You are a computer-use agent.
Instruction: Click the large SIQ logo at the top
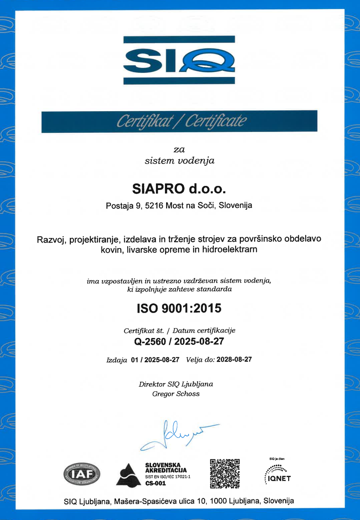[x=179, y=60]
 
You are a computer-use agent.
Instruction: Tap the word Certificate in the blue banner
[x=216, y=121]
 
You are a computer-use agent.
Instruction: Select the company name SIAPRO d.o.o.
[x=179, y=188]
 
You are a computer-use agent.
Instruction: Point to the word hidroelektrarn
[x=230, y=250]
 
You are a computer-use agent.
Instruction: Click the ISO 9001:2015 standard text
[x=179, y=308]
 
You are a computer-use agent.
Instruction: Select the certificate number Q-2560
[x=150, y=342]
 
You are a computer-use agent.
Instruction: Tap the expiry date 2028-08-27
[x=234, y=360]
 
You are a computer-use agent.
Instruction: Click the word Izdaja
[x=117, y=360]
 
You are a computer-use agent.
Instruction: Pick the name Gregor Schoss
[x=176, y=394]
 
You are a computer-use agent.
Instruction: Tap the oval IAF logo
[x=82, y=474]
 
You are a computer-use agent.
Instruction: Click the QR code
[x=225, y=473]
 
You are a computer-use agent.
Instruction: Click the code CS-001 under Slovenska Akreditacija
[x=155, y=484]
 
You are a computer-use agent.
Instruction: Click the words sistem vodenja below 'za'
[x=179, y=161]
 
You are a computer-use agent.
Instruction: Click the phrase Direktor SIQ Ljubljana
[x=176, y=384]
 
